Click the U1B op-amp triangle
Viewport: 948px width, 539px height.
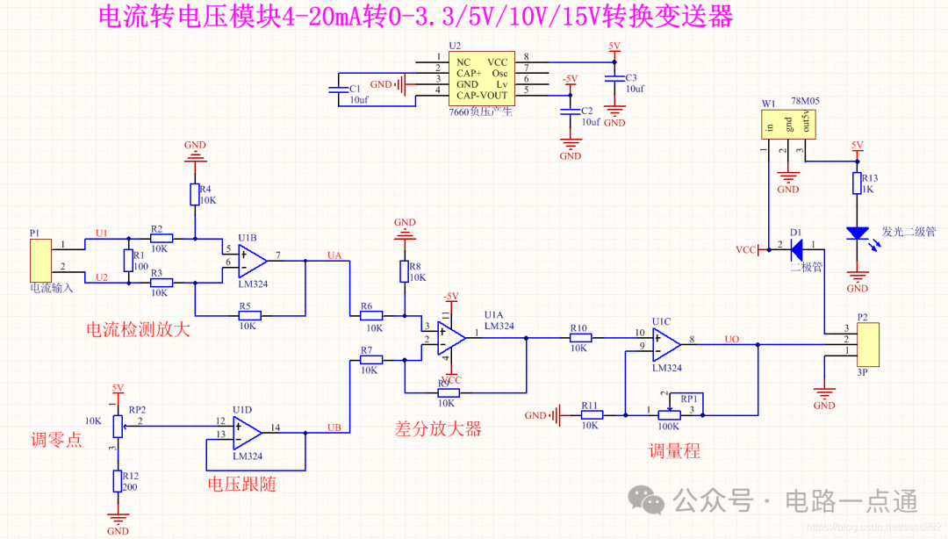253,260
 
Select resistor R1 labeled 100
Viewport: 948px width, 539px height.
128,260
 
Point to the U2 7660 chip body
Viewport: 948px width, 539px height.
478,77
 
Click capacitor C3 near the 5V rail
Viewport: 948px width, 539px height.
614,79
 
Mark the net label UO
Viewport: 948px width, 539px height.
731,339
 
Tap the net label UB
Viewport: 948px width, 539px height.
334,427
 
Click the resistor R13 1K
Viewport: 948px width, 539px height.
857,183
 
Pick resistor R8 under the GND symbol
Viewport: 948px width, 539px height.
405,271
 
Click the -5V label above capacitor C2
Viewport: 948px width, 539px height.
570,79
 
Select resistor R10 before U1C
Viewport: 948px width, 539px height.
578,336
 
